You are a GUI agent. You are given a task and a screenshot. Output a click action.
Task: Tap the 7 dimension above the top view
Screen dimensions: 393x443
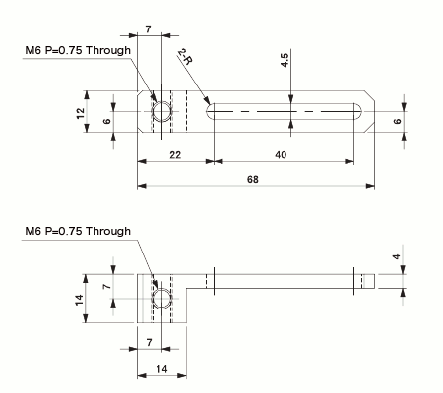149,31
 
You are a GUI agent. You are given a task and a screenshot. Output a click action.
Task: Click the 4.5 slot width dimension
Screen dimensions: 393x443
284,59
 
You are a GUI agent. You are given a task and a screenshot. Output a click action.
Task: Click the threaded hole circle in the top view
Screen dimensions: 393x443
158,114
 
